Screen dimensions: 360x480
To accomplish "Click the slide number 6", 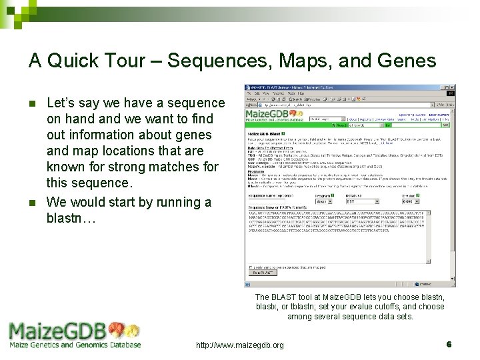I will pyautogui.click(x=449, y=344).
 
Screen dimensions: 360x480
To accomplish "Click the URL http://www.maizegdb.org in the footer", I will pyautogui.click(x=239, y=345).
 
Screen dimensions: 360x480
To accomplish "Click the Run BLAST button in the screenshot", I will pyautogui.click(x=261, y=273).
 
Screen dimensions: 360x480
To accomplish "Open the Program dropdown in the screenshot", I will pyautogui.click(x=324, y=201).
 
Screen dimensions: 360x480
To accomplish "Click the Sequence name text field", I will pyautogui.click(x=267, y=201).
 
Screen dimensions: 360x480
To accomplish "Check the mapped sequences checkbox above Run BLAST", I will pyautogui.click(x=250, y=267).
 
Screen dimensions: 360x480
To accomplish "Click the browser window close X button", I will pyautogui.click(x=452, y=88).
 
